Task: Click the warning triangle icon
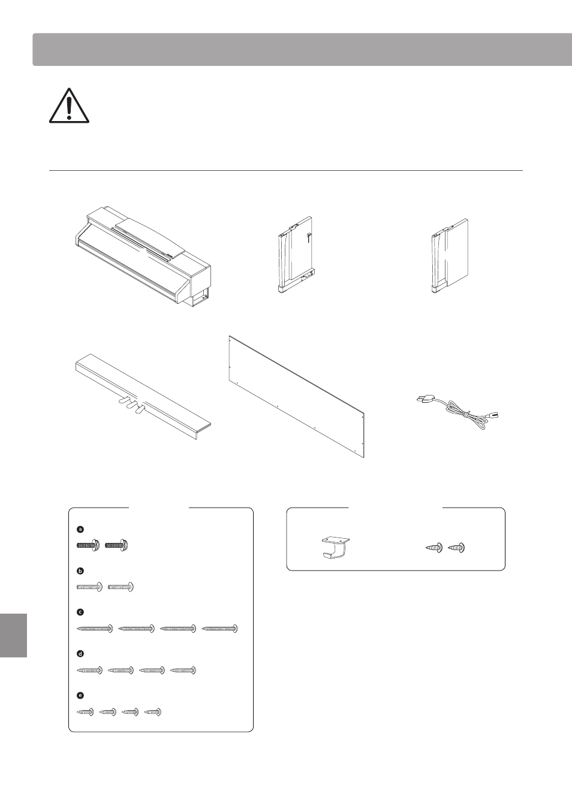[x=69, y=105]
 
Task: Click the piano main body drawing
[x=143, y=256]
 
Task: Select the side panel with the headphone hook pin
[x=295, y=255]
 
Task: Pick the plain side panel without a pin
[x=450, y=256]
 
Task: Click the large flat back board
[x=297, y=397]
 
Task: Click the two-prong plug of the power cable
[x=425, y=400]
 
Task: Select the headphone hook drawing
[x=336, y=547]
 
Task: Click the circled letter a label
[x=80, y=530]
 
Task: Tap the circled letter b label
[x=80, y=571]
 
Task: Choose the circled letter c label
[x=80, y=612]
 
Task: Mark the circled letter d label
[x=80, y=654]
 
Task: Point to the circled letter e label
[x=80, y=695]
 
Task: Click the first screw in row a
[x=88, y=545]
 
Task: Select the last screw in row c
[x=219, y=629]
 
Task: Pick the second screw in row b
[x=121, y=587]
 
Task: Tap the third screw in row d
[x=152, y=671]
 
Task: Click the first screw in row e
[x=86, y=712]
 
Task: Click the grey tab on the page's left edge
[x=13, y=635]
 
